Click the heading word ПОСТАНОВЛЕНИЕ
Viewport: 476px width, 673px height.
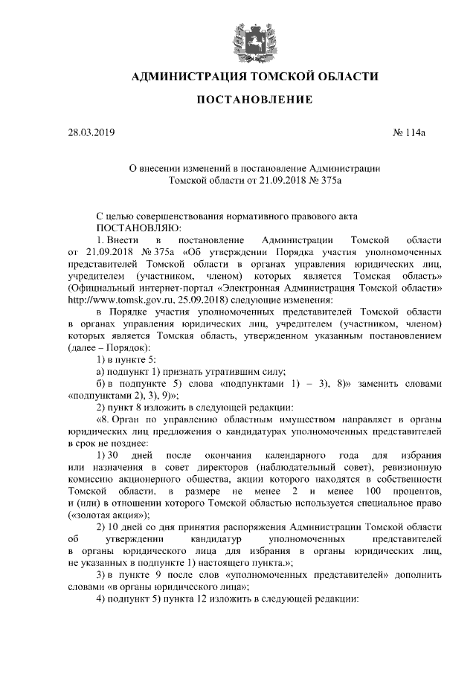coord(238,100)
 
